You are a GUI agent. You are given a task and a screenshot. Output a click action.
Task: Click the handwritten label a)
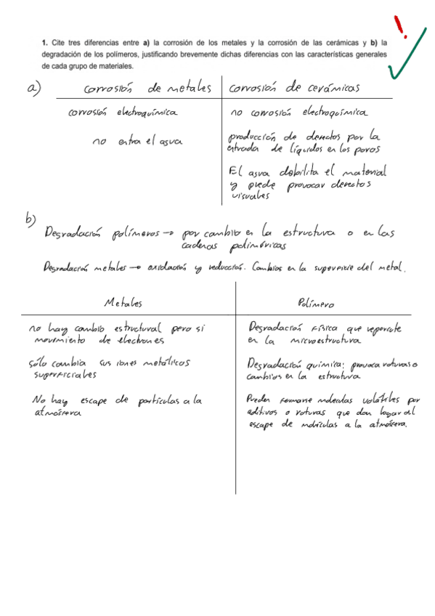(33, 89)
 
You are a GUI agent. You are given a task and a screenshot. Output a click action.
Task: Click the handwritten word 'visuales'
(249, 195)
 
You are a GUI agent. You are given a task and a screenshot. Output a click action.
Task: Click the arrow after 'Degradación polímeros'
(166, 234)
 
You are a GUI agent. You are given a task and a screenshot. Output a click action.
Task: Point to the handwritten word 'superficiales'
(65, 376)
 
